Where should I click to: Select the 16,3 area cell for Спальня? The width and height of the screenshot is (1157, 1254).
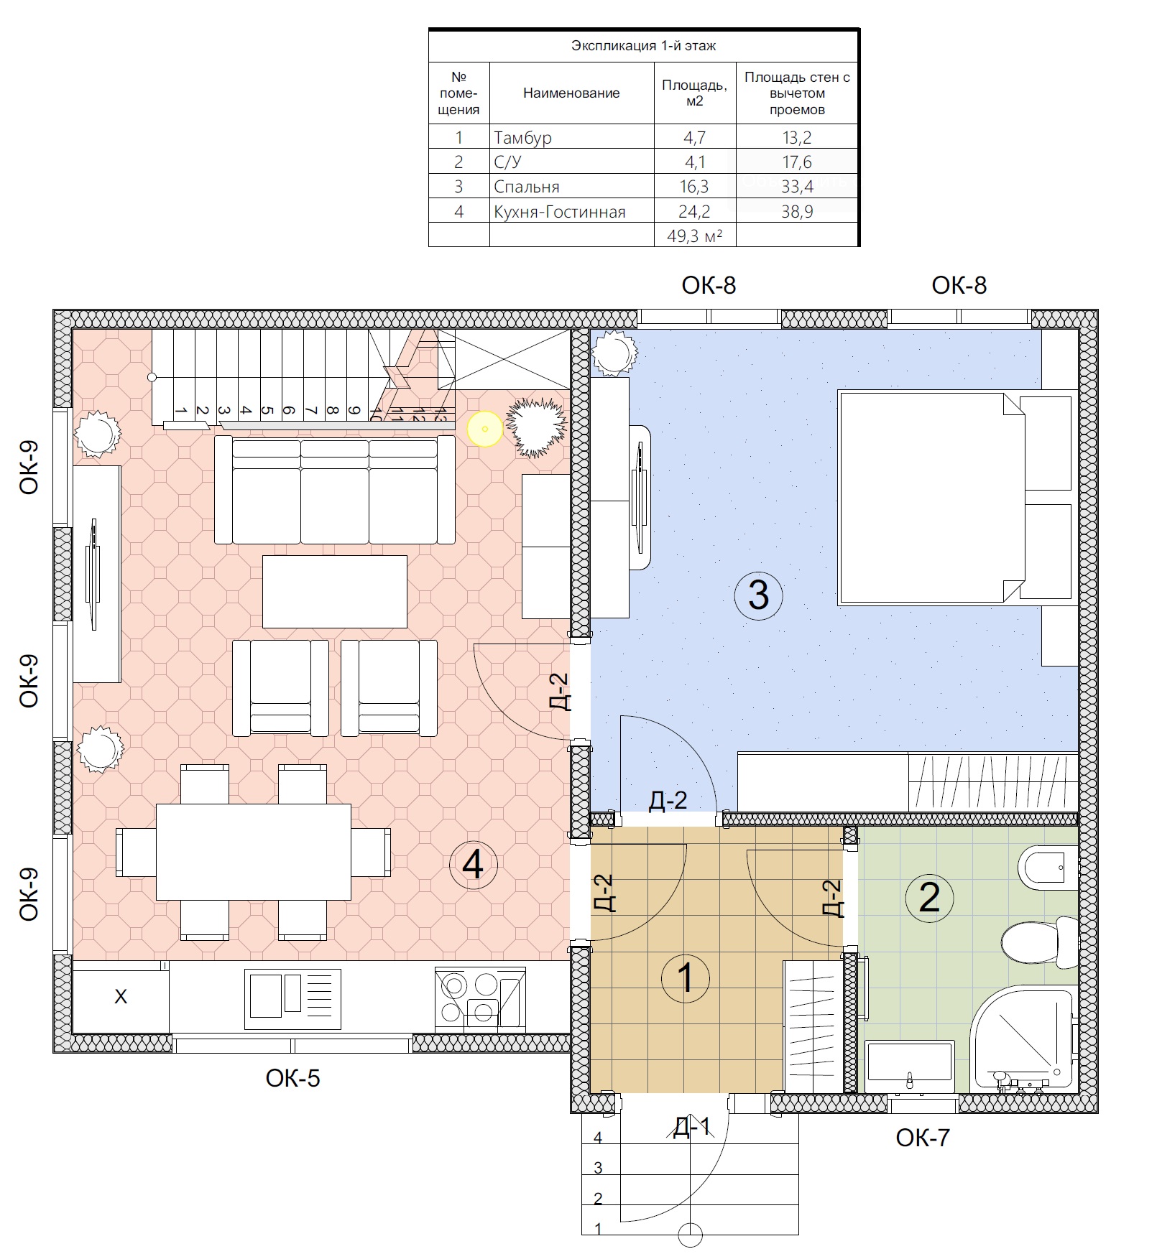pyautogui.click(x=695, y=186)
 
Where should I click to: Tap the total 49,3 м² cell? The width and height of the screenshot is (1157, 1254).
pyautogui.click(x=695, y=235)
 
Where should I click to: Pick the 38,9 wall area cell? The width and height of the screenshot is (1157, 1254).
pyautogui.click(x=797, y=210)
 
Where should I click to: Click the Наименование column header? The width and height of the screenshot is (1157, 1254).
pyautogui.click(x=571, y=93)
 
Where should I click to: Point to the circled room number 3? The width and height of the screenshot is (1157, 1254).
pyautogui.click(x=759, y=595)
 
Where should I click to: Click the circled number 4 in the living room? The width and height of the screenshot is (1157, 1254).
pyautogui.click(x=473, y=864)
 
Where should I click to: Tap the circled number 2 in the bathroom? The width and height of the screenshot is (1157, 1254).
pyautogui.click(x=929, y=897)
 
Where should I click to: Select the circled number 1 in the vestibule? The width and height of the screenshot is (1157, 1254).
pyautogui.click(x=686, y=977)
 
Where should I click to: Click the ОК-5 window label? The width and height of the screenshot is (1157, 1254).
pyautogui.click(x=292, y=1078)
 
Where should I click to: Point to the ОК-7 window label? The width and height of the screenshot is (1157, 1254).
pyautogui.click(x=923, y=1138)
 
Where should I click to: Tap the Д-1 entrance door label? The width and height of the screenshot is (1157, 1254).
pyautogui.click(x=691, y=1127)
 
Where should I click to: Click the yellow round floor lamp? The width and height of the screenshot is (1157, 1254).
pyautogui.click(x=485, y=429)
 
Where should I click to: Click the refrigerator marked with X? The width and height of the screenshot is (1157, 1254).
pyautogui.click(x=121, y=997)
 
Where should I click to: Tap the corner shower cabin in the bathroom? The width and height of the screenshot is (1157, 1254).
pyautogui.click(x=1021, y=1041)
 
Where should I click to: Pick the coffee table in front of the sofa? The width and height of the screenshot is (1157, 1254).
pyautogui.click(x=335, y=591)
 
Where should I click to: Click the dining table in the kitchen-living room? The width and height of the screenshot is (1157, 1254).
pyautogui.click(x=254, y=852)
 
